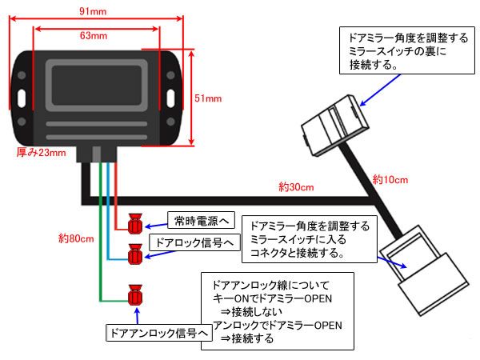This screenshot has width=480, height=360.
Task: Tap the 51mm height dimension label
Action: tap(208, 98)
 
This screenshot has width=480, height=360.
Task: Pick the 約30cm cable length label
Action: tap(295, 187)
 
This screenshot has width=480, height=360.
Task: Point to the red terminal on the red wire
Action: tap(134, 220)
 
